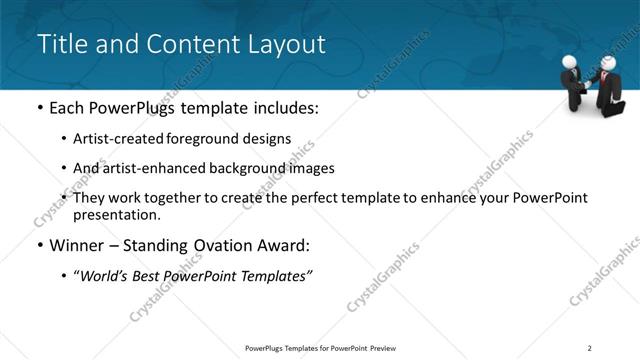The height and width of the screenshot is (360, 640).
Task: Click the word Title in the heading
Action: click(60, 44)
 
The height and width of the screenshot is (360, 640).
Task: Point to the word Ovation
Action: click(231, 244)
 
